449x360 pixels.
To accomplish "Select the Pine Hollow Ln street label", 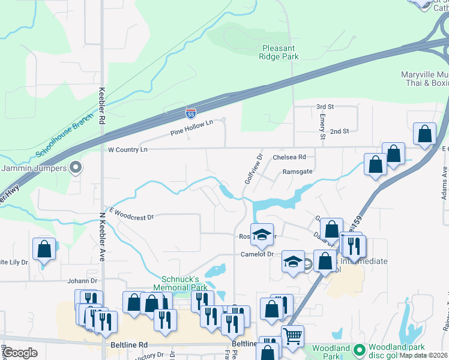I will (191, 127).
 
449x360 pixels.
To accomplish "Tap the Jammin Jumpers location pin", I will (76, 167).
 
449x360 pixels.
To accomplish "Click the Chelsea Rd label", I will (289, 157).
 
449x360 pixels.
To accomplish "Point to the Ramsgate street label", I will (297, 172).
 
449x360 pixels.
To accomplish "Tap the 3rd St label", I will (324, 107).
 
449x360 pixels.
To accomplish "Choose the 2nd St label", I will (339, 131).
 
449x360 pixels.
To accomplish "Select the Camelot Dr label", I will (257, 254).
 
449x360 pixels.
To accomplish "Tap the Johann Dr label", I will (82, 280).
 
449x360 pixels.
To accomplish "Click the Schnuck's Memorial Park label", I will (184, 283).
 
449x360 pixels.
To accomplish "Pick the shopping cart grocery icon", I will (292, 335).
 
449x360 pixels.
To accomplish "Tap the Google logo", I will (20, 352).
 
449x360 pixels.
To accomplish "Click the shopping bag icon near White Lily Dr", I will (44, 249).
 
